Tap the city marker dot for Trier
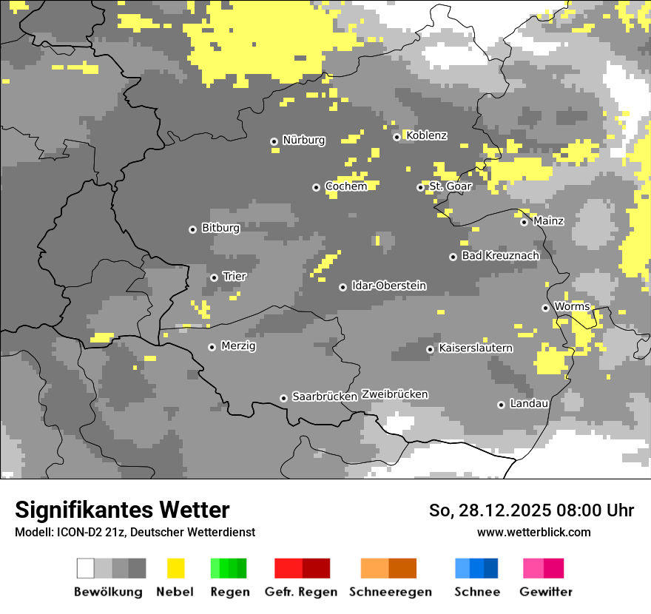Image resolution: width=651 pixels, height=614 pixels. [x=215, y=277]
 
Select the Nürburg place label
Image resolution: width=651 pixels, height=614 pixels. [x=303, y=140]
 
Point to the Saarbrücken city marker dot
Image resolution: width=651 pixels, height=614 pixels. [x=283, y=398]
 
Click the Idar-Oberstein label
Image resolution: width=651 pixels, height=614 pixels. [x=388, y=286]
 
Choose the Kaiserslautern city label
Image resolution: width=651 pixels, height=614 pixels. [x=475, y=348]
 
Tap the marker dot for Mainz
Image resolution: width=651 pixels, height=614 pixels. [x=524, y=222]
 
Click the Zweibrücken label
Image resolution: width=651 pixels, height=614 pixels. [x=394, y=394]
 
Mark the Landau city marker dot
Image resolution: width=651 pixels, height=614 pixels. [x=501, y=405]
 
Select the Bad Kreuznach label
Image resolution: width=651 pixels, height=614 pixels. [x=500, y=255]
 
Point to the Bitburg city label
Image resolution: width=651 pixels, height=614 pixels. [x=220, y=228]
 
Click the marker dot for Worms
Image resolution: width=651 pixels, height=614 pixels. [x=545, y=308]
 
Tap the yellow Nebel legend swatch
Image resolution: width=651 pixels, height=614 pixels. [x=175, y=568]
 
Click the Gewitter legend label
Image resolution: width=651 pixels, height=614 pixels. [x=545, y=592]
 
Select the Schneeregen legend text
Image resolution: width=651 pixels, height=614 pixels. [x=390, y=592]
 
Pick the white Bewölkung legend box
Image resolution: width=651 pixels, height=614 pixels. [x=86, y=568]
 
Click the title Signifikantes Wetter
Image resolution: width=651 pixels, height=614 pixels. [x=122, y=510]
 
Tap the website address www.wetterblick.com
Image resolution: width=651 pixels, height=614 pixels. [x=533, y=532]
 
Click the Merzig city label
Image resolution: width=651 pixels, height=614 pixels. [x=238, y=345]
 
